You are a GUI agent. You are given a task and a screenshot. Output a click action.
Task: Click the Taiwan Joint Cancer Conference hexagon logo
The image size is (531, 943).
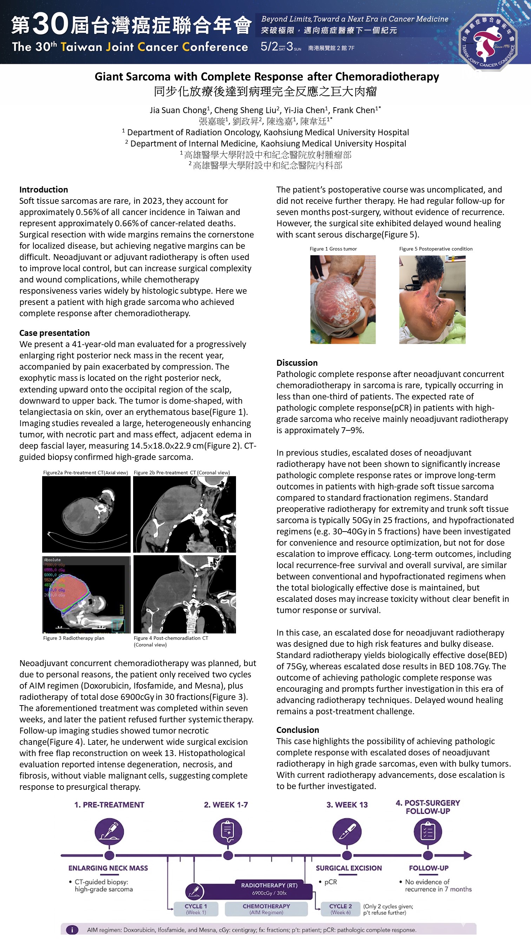click(488, 41)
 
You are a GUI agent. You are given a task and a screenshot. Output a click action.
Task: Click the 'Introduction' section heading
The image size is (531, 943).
click(44, 189)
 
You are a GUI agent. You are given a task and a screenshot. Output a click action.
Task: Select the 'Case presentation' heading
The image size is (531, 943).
click(54, 333)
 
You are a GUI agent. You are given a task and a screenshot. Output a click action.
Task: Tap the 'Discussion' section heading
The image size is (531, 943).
click(297, 363)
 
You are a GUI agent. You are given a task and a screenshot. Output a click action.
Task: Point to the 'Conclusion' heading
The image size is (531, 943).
click(297, 730)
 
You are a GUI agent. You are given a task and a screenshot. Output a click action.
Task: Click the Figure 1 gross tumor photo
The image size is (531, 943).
click(342, 299)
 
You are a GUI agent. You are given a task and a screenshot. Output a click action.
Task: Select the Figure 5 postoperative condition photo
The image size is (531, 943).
click(432, 299)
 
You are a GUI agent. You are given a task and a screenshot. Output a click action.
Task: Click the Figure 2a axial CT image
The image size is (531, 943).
click(86, 514)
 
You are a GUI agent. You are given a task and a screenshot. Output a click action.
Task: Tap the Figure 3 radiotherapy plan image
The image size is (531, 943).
click(86, 594)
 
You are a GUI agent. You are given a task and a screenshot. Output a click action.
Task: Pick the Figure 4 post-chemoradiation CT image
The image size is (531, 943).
click(184, 594)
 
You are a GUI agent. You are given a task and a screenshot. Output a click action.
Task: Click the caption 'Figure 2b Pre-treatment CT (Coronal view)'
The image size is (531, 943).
click(182, 473)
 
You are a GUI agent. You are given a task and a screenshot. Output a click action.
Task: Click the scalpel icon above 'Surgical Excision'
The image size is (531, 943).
click(347, 831)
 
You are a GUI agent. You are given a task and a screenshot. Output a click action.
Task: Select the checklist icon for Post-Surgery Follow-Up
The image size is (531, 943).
click(428, 831)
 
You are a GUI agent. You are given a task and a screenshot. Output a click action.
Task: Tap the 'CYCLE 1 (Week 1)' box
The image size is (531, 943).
click(196, 909)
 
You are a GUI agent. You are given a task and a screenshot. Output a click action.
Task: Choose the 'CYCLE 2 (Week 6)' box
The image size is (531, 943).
click(340, 909)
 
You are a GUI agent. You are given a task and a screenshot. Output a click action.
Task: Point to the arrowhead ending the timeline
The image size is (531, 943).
click(468, 856)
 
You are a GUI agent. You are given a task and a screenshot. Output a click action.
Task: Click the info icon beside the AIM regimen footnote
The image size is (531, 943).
click(72, 930)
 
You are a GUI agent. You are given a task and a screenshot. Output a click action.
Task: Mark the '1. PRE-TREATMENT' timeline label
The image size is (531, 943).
click(109, 805)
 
